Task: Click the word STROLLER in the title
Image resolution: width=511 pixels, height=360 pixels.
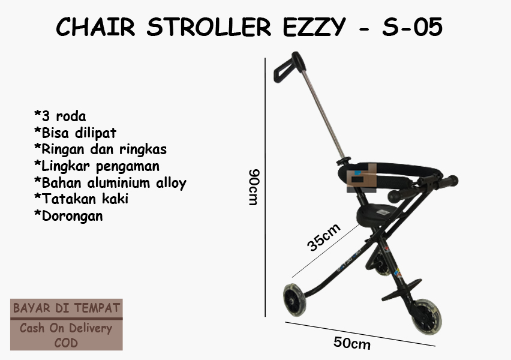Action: point(209,27)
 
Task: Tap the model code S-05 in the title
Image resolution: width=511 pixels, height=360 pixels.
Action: point(412,27)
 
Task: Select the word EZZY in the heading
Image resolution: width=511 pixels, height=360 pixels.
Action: point(314,27)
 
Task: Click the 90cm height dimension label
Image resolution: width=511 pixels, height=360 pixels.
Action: point(254,187)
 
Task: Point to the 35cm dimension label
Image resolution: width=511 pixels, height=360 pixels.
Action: point(324,237)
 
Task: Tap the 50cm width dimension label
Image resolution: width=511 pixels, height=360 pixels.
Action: point(352,343)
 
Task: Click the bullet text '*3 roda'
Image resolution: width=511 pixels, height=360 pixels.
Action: point(60,116)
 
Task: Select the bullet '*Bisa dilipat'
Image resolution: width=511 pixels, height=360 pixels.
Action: point(75,133)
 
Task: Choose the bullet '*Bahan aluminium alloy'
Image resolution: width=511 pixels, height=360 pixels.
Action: point(110,182)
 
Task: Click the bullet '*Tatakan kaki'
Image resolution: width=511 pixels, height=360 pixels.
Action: point(81,199)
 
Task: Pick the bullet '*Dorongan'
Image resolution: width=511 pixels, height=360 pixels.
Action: point(68,215)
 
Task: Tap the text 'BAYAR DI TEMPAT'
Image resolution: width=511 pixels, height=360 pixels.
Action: point(67,308)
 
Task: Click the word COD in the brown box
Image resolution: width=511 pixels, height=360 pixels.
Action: point(66,343)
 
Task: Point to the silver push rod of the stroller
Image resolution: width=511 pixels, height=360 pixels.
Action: point(323,114)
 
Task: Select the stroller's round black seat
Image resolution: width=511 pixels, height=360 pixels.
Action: point(377,215)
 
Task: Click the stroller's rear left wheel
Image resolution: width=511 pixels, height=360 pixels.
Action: point(294,300)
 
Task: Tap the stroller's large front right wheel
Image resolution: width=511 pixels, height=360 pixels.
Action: point(427,317)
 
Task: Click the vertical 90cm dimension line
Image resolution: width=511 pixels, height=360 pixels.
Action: point(265,187)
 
